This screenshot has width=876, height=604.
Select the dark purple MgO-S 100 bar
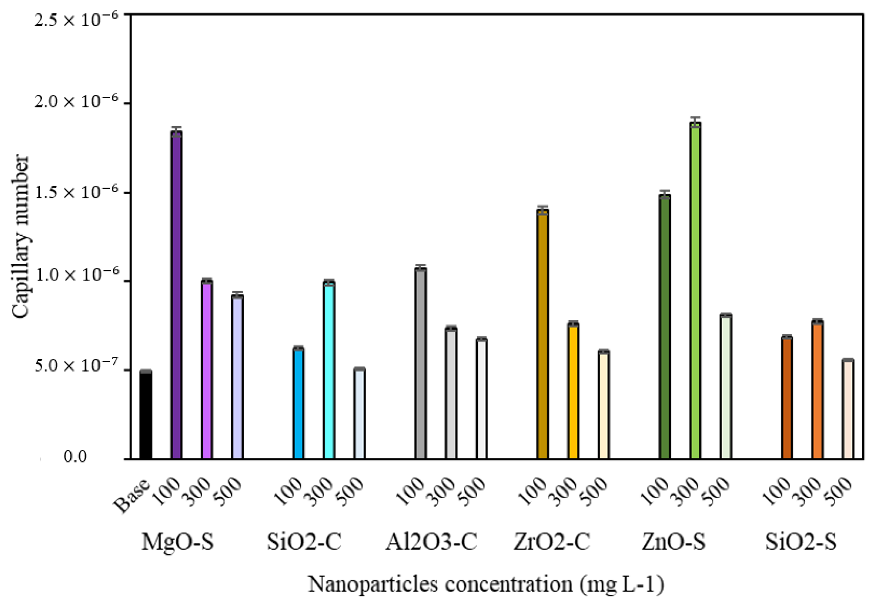(x=176, y=295)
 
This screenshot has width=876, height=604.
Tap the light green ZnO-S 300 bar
(x=695, y=291)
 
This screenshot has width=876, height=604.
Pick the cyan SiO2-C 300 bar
(x=329, y=371)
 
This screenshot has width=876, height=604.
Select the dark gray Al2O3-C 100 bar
(x=420, y=363)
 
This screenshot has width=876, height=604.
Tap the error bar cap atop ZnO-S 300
(x=695, y=118)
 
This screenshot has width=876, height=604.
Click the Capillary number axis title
(x=20, y=237)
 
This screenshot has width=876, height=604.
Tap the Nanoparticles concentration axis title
(x=486, y=584)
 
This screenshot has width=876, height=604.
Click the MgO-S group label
(x=178, y=542)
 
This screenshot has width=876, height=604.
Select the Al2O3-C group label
(x=431, y=542)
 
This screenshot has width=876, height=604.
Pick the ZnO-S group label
(x=673, y=542)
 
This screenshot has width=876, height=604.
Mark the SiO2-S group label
(x=801, y=542)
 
